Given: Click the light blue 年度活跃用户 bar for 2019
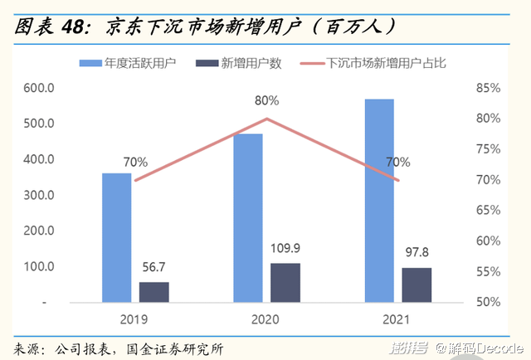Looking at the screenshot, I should pyautogui.click(x=116, y=237).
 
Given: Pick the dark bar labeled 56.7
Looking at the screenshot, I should pyautogui.click(x=153, y=292).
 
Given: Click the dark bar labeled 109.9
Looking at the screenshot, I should pyautogui.click(x=285, y=283).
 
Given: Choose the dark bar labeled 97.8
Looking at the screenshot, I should pyautogui.click(x=417, y=285).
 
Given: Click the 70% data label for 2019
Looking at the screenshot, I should pyautogui.click(x=136, y=162).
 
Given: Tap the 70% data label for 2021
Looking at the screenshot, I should pyautogui.click(x=397, y=162).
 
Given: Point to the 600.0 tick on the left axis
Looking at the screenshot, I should pyautogui.click(x=39, y=88).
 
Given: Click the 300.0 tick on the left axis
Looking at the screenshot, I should pyautogui.click(x=39, y=196).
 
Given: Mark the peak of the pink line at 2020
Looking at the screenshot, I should pyautogui.click(x=266, y=119).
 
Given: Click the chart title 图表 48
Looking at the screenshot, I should pyautogui.click(x=51, y=27).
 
